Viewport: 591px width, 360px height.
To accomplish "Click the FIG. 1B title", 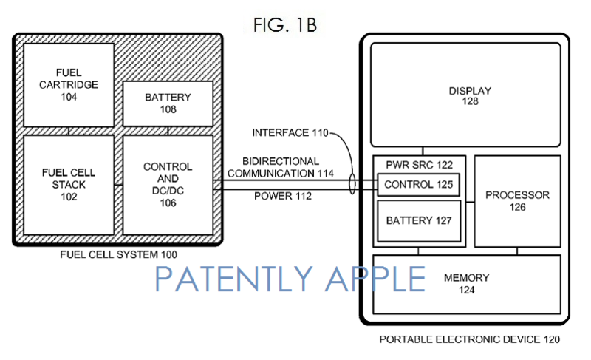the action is pyautogui.click(x=285, y=25).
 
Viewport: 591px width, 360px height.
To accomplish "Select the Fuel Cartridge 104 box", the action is pyautogui.click(x=69, y=85).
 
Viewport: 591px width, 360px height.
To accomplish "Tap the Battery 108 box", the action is pyautogui.click(x=168, y=103).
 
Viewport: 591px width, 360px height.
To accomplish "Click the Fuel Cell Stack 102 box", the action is pyautogui.click(x=69, y=185).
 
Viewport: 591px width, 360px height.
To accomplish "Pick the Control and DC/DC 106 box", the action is pyautogui.click(x=168, y=185).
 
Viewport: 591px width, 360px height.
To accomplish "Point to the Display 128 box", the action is pyautogui.click(x=465, y=95).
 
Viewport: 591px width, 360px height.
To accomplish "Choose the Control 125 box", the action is pyautogui.click(x=418, y=184).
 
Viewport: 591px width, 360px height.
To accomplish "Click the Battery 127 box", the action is pyautogui.click(x=419, y=220).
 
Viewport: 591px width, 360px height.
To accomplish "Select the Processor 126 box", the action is pyautogui.click(x=517, y=201).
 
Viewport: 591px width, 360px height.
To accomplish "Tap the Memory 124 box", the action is pyautogui.click(x=467, y=285).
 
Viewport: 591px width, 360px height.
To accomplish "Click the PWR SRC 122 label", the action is pyautogui.click(x=419, y=165).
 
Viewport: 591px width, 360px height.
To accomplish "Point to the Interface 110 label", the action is pyautogui.click(x=290, y=133).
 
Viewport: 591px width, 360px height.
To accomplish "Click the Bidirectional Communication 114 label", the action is pyautogui.click(x=281, y=167).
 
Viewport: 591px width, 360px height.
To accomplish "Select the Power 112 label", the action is pyautogui.click(x=283, y=196).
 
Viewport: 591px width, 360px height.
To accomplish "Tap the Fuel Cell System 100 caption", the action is pyautogui.click(x=118, y=254).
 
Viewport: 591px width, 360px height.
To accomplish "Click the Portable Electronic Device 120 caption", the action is pyautogui.click(x=469, y=339).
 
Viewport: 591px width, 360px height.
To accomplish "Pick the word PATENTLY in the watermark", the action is pyautogui.click(x=233, y=279).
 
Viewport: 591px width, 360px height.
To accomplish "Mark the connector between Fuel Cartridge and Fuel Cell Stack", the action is pyautogui.click(x=69, y=131).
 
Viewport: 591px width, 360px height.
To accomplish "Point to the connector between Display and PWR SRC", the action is pyautogui.click(x=423, y=151).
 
